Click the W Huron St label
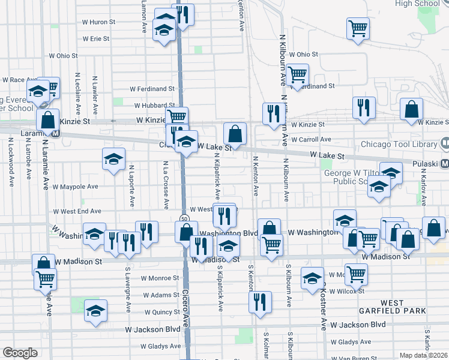[98, 22]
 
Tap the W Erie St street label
[96, 38]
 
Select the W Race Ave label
[20, 79]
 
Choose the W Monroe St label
[160, 278]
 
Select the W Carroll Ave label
[311, 139]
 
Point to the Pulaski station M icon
[445, 164]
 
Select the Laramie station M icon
[55, 133]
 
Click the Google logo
[20, 352]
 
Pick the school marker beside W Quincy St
[95, 311]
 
